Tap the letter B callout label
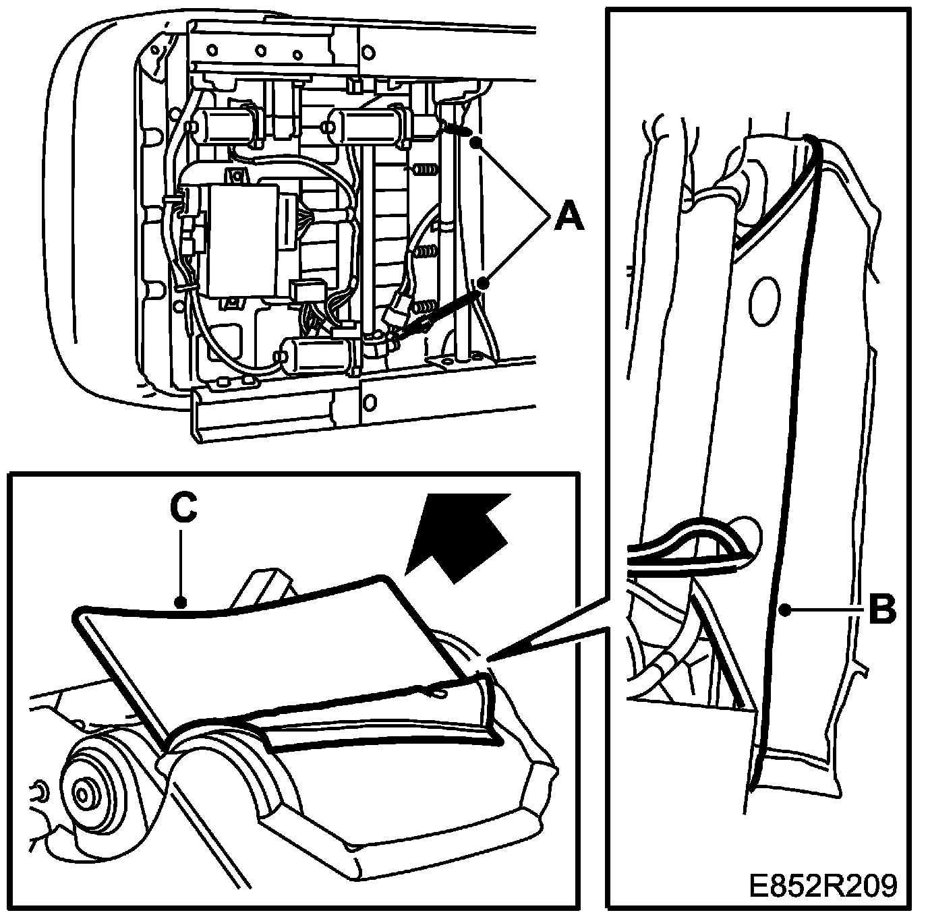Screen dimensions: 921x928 click(x=881, y=610)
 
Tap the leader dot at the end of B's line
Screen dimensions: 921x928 click(x=784, y=610)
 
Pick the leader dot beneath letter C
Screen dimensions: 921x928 click(x=179, y=602)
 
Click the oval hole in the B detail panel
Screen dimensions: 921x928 click(x=764, y=301)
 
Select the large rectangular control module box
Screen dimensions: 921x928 click(x=244, y=239)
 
